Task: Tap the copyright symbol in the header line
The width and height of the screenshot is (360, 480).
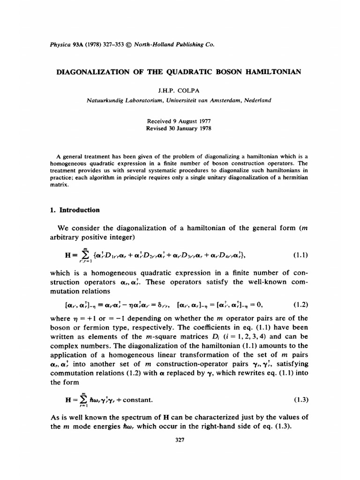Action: coord(129,45)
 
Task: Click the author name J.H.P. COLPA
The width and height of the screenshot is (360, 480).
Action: coord(180,90)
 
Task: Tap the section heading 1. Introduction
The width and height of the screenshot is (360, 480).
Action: coord(75,210)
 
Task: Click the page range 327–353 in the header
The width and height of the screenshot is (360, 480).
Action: coord(112,45)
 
